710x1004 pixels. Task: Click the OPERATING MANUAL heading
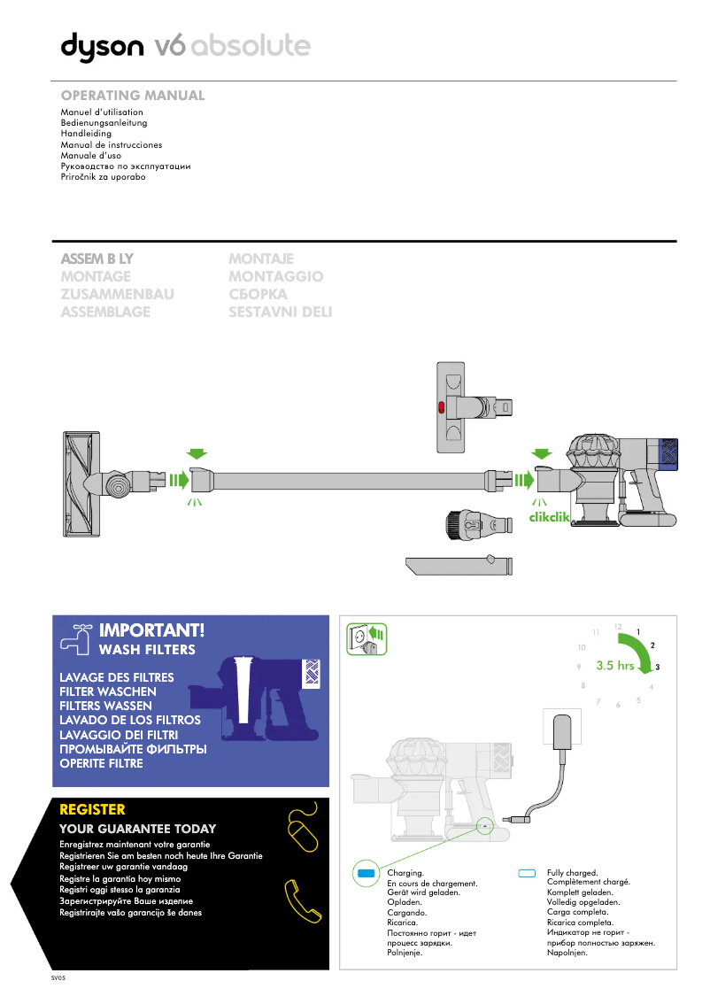(132, 95)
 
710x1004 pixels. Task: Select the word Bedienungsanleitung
(103, 124)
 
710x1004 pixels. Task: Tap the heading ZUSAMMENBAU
(117, 294)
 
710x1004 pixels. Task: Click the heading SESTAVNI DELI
(280, 312)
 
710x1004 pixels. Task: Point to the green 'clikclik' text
(549, 518)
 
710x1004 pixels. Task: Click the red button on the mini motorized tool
(442, 407)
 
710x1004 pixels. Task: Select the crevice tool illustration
(459, 564)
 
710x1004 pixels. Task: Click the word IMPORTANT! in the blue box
(151, 630)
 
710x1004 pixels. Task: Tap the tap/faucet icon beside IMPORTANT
(75, 636)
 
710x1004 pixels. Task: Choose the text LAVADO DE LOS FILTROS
(129, 721)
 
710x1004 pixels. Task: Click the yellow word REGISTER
(92, 809)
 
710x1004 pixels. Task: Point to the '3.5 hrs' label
(614, 666)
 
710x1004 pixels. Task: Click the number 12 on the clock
(618, 627)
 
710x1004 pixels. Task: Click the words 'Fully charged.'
(573, 873)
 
